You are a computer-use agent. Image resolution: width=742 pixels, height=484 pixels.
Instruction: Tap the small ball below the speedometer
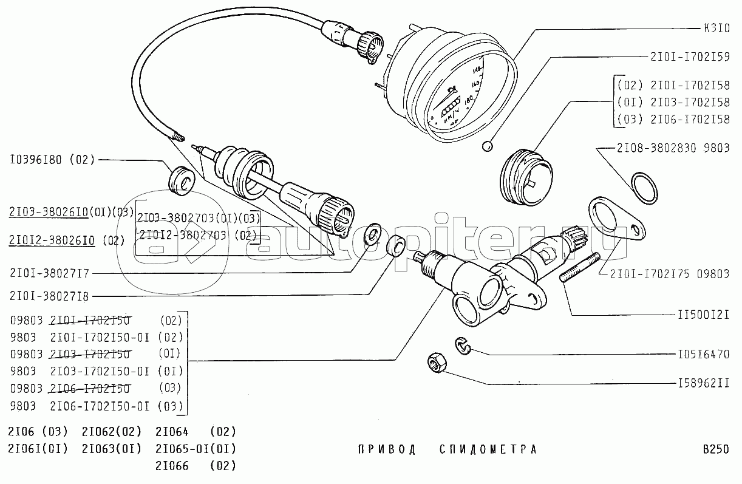[x=486, y=146]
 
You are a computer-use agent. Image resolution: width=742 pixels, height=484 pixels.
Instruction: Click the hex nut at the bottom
[x=435, y=363]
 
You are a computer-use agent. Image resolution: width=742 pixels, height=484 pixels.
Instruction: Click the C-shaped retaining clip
[x=463, y=347]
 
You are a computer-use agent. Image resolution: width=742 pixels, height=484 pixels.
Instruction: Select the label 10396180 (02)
[x=52, y=160]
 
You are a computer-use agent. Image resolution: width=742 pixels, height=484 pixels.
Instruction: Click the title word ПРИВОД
[x=386, y=449]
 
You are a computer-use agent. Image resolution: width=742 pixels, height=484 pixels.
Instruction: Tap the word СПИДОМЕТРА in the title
[x=488, y=449]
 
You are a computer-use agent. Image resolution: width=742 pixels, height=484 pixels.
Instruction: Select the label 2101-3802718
[x=49, y=296]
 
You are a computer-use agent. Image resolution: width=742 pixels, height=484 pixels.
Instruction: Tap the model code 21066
[x=172, y=466]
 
